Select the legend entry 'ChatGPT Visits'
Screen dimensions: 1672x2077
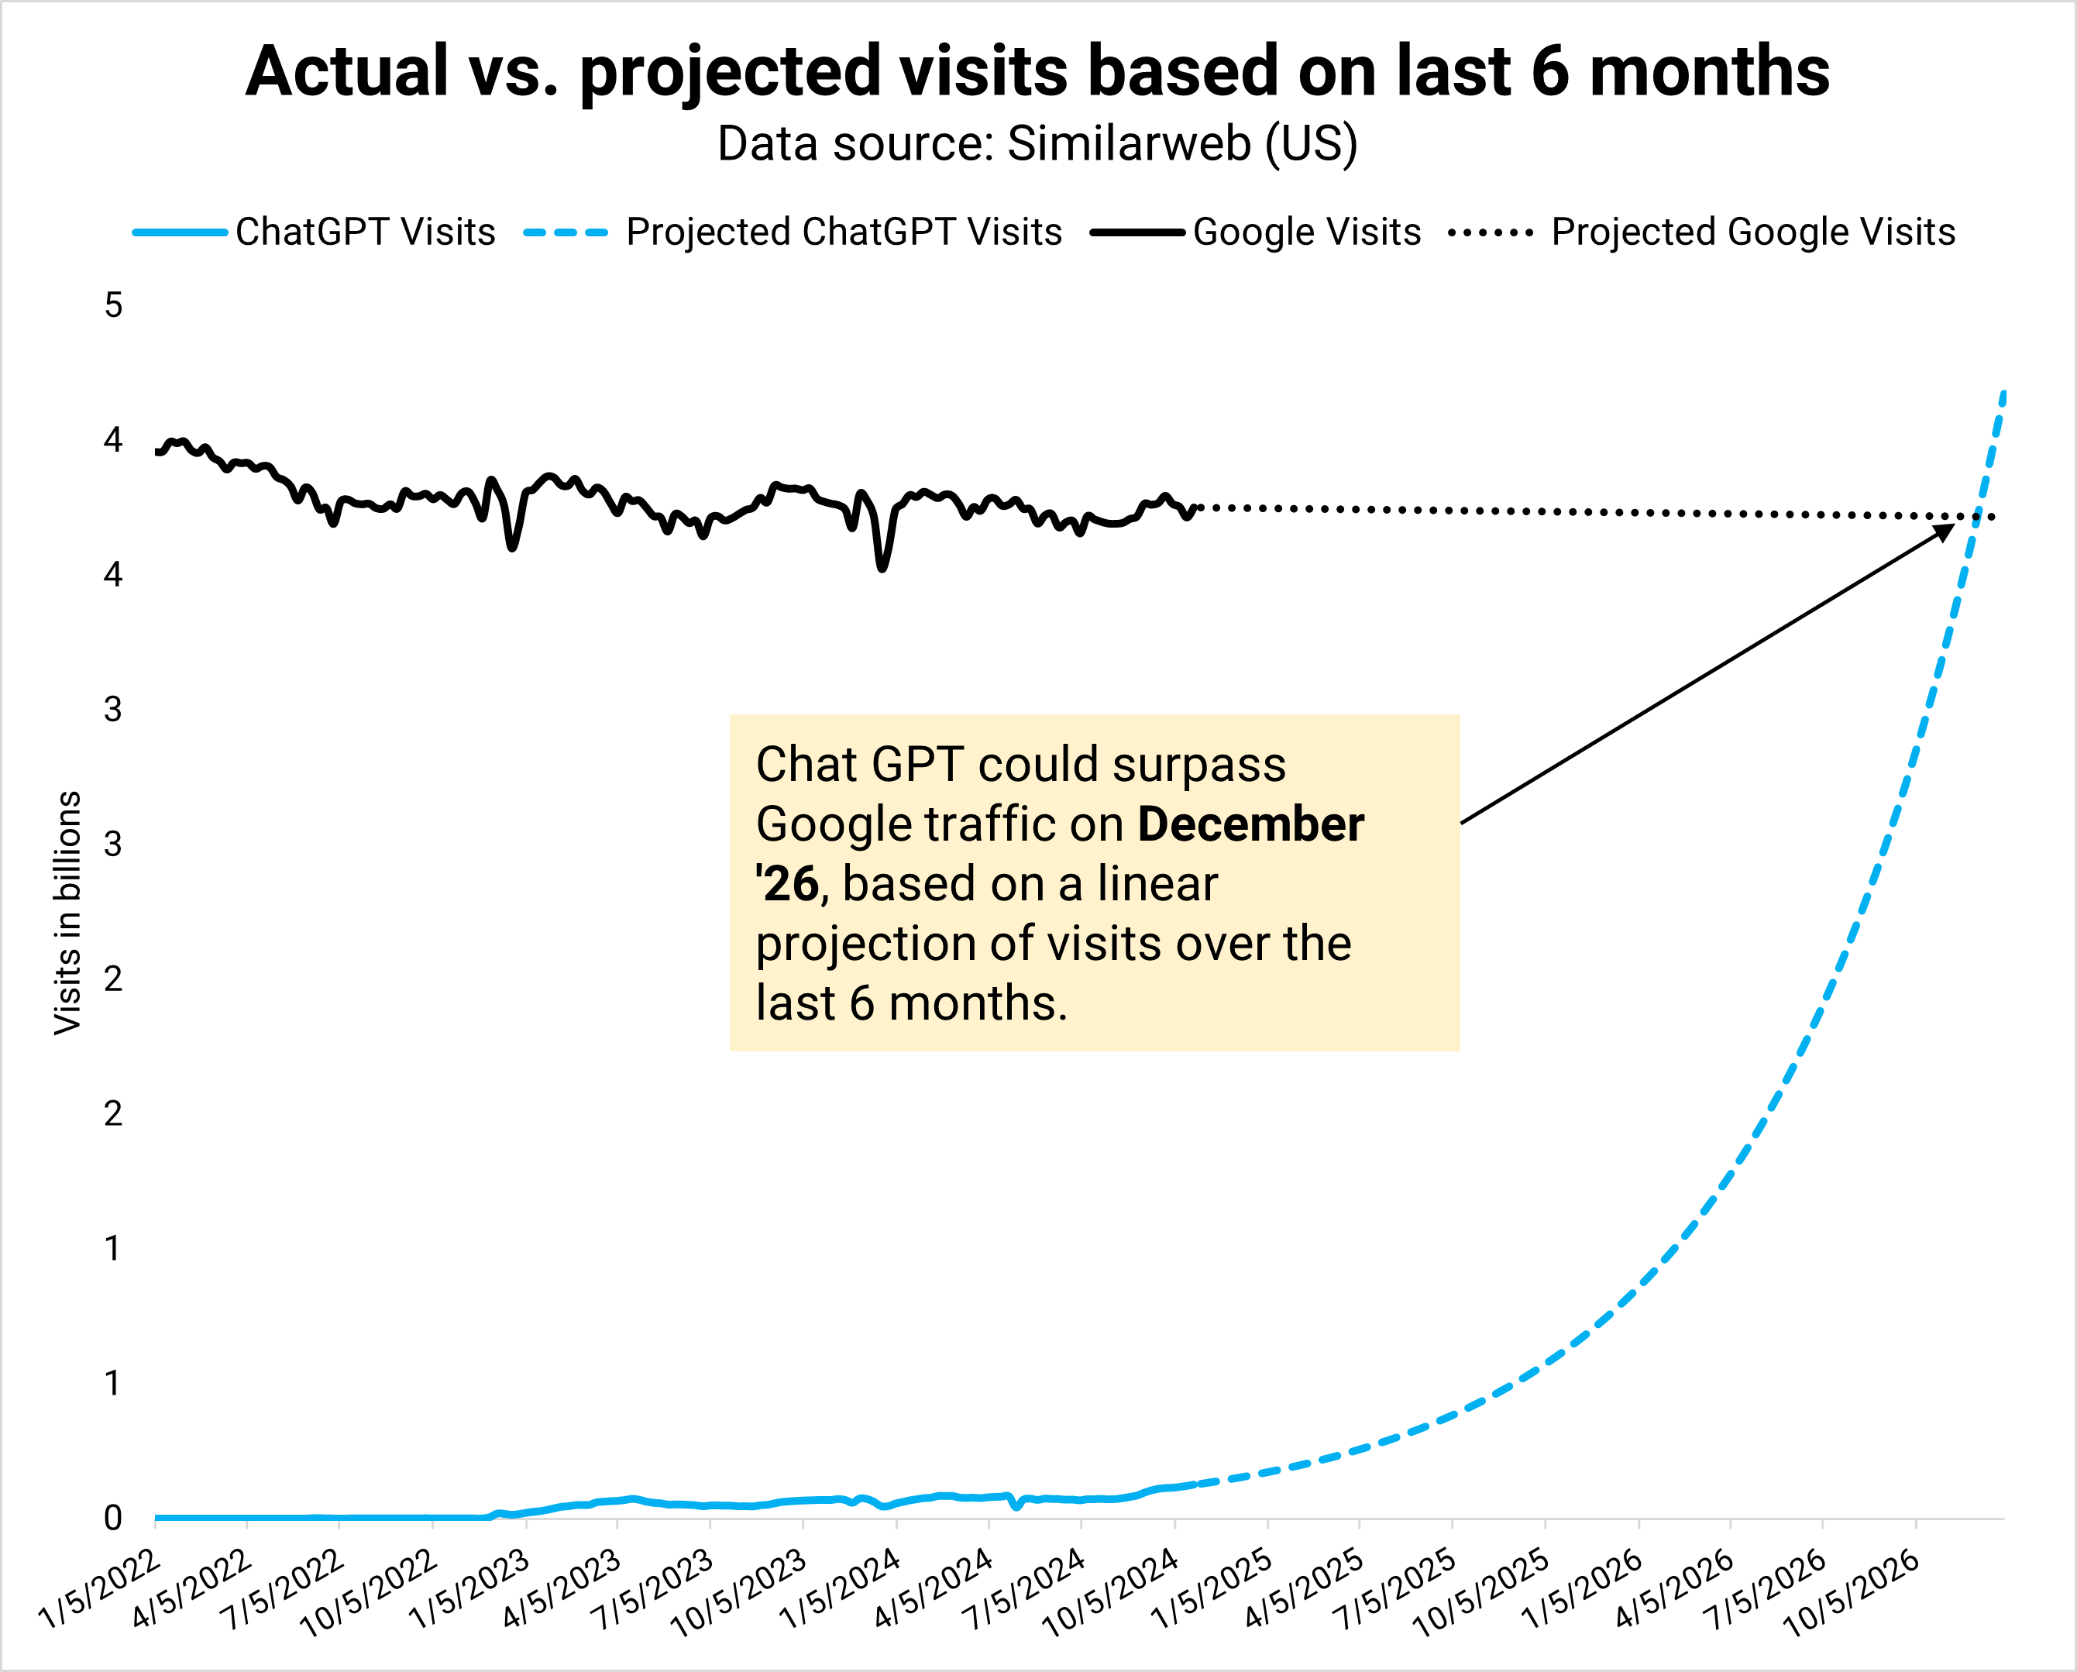click(364, 232)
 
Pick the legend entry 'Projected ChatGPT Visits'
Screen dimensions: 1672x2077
click(843, 232)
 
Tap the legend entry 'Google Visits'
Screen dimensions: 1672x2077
click(1306, 232)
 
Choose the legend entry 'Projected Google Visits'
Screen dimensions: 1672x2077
click(1752, 232)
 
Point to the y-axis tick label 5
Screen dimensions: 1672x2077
click(114, 305)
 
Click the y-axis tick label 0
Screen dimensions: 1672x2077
click(114, 1518)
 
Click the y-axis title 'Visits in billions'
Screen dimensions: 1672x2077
click(67, 913)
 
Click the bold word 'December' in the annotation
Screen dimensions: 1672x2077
click(1250, 825)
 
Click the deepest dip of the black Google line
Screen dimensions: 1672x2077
click(882, 569)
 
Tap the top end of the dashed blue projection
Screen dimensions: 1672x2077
click(2003, 393)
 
